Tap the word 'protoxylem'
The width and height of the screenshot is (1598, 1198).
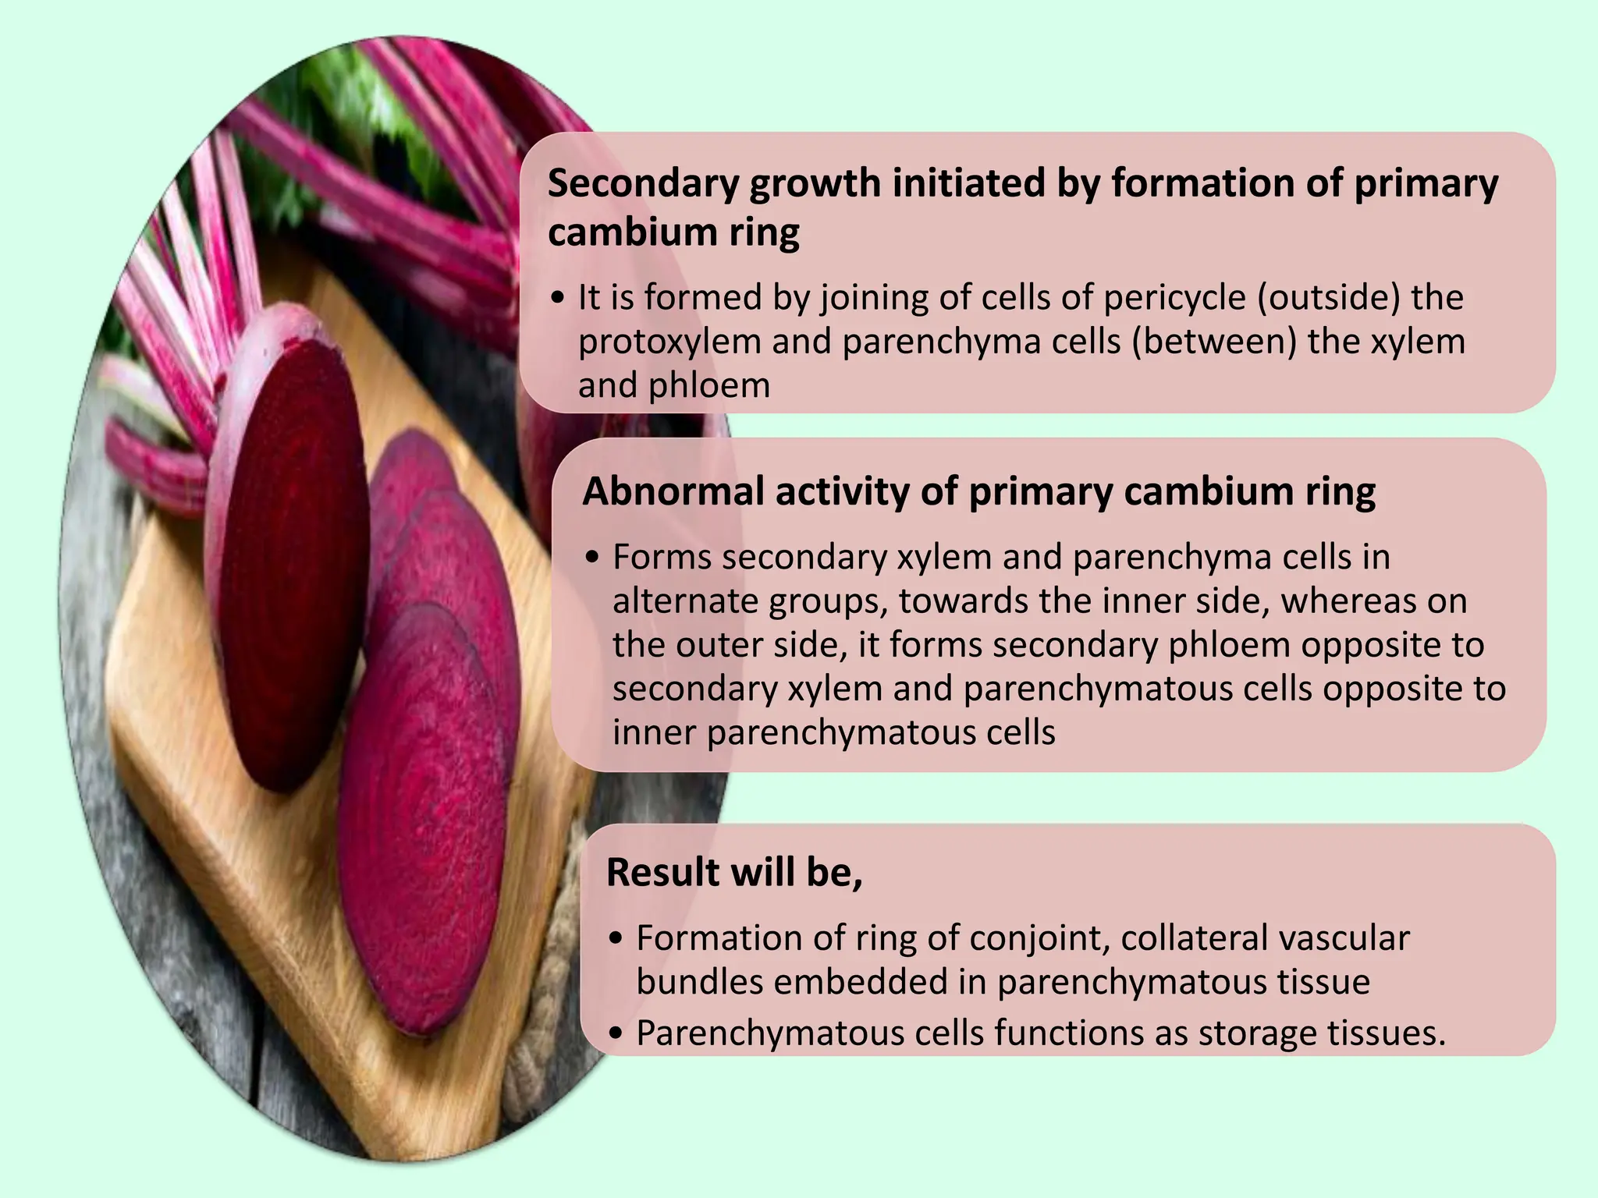pyautogui.click(x=669, y=342)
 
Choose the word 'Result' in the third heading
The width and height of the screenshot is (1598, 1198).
pyautogui.click(x=662, y=872)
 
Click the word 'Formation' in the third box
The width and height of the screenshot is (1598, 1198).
pyautogui.click(x=719, y=938)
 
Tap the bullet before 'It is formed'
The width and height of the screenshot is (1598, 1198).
pyautogui.click(x=556, y=299)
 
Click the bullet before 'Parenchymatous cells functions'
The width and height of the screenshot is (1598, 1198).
pyautogui.click(x=617, y=1034)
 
